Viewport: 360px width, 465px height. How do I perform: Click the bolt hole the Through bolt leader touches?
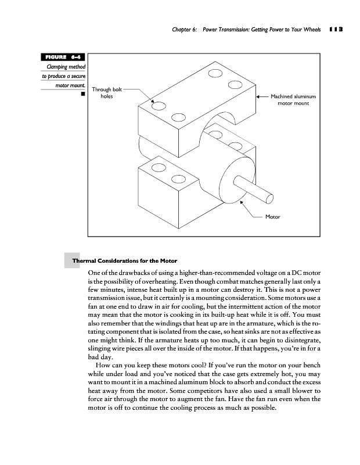[157, 106]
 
